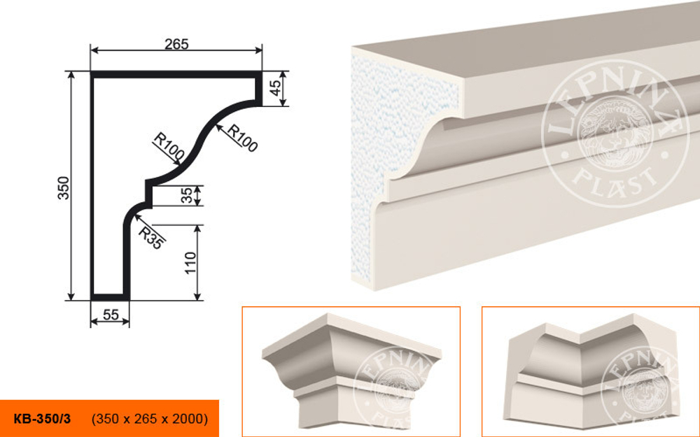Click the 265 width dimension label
point(177,44)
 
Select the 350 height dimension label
point(64,187)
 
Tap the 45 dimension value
point(275,88)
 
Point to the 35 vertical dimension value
point(187,196)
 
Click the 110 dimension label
point(190,263)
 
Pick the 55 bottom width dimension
point(111,315)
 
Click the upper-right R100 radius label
point(242,138)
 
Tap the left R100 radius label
point(169,146)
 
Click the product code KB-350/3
point(42,419)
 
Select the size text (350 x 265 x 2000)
point(150,419)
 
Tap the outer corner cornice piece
point(352,373)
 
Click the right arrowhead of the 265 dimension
point(258,50)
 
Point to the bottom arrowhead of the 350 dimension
point(71,296)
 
